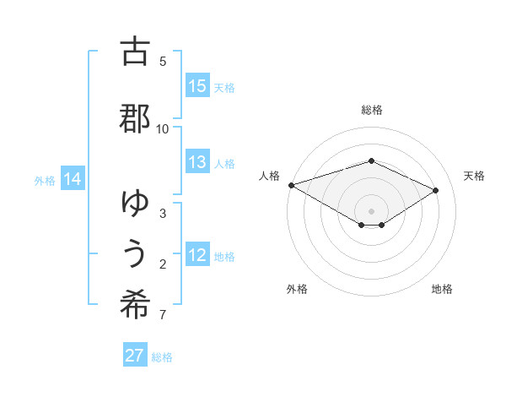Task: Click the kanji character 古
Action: coord(135,52)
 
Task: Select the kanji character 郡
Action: coord(135,117)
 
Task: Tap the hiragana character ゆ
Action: coord(135,202)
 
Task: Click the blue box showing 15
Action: coord(197,86)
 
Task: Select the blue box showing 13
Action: coord(197,163)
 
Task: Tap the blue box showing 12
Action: coord(197,256)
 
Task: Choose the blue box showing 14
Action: coord(73,179)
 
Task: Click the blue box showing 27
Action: coord(135,356)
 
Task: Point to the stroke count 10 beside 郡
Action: coord(163,128)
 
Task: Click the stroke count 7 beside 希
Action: coord(163,316)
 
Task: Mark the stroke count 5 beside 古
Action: coord(163,62)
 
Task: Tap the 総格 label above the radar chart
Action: coord(371,110)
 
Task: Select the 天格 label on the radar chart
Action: coord(474,176)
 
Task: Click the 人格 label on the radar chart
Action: coord(269,176)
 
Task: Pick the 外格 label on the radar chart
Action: coord(297,289)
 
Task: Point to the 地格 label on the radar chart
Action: coord(442,289)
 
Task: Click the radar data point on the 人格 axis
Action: coord(291,184)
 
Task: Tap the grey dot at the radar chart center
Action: coord(371,210)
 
